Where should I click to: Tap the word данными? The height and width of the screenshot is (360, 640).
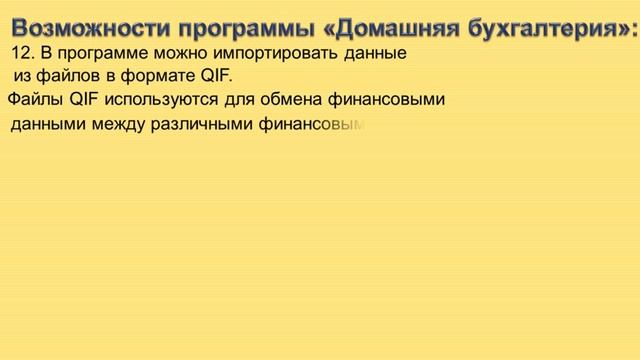coord(47,125)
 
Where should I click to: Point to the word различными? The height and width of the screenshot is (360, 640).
coord(201,125)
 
